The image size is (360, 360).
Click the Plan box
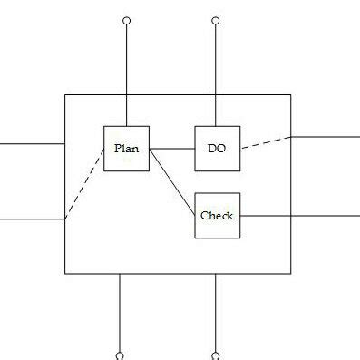pyautogui.click(x=126, y=148)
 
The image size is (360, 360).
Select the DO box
pyautogui.click(x=217, y=148)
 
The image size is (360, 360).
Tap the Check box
pyautogui.click(x=217, y=216)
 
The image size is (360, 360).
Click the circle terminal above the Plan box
pyautogui.click(x=126, y=19)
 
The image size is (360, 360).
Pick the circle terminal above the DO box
pyautogui.click(x=216, y=19)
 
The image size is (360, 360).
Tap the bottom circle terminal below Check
pyautogui.click(x=216, y=355)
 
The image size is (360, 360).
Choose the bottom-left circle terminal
pyautogui.click(x=120, y=355)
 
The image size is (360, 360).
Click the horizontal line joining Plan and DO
pyautogui.click(x=172, y=148)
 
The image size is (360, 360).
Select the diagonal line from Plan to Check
pyautogui.click(x=172, y=181)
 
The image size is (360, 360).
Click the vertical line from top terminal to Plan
pyautogui.click(x=126, y=73)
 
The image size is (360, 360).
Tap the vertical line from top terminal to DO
pyautogui.click(x=216, y=73)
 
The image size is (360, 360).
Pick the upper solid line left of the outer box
pyautogui.click(x=32, y=143)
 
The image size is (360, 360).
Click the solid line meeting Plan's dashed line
pyautogui.click(x=32, y=219)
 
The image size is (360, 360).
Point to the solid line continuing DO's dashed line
pyautogui.click(x=325, y=137)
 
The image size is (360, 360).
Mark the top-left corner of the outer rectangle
pyautogui.click(x=64, y=93)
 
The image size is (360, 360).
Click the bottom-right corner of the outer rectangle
pyautogui.click(x=291, y=273)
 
